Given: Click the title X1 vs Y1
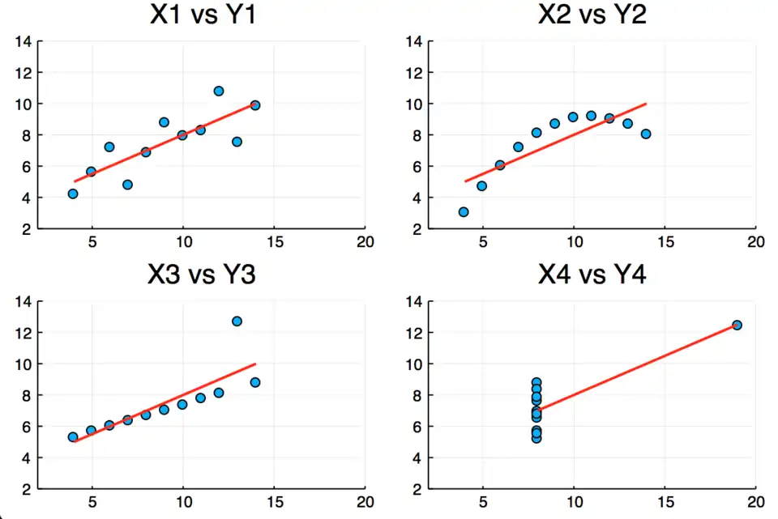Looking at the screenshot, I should click(x=203, y=15).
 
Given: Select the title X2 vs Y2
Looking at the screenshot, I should click(x=592, y=15).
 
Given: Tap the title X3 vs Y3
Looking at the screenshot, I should click(x=202, y=275).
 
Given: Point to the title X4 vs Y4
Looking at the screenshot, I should click(x=592, y=275).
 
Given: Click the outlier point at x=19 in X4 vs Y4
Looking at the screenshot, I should click(x=737, y=325).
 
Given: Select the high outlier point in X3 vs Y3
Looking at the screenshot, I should click(x=237, y=321).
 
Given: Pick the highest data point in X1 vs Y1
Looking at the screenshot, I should click(x=218, y=91).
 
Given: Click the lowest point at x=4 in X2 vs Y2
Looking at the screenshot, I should click(x=464, y=212).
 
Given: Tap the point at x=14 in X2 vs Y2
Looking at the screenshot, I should click(x=646, y=134).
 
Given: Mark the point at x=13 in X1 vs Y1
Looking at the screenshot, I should click(x=237, y=142).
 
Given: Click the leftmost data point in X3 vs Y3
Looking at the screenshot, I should click(x=73, y=437).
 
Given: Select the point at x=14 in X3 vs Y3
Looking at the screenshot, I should click(x=255, y=382).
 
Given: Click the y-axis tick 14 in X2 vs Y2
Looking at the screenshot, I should click(x=413, y=41).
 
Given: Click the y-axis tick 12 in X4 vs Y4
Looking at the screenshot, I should click(x=413, y=333).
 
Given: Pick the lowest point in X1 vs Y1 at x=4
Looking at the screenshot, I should click(x=73, y=194).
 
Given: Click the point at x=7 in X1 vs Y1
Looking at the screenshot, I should click(x=127, y=185).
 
